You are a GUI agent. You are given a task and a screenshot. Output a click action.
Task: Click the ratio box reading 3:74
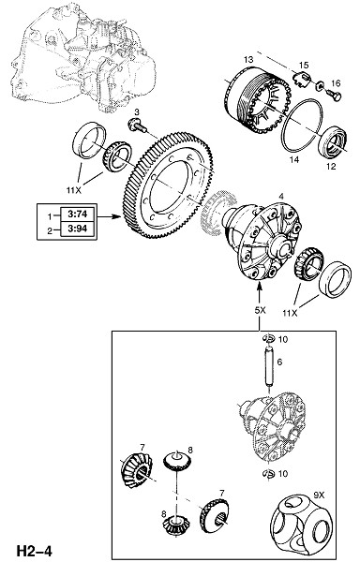[x=78, y=214]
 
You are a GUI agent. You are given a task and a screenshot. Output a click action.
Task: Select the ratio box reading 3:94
[x=78, y=229]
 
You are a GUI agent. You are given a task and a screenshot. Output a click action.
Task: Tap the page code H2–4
[x=34, y=551]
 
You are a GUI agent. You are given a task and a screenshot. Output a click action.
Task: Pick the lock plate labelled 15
[x=302, y=80]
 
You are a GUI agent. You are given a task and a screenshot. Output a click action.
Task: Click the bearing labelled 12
[x=334, y=141]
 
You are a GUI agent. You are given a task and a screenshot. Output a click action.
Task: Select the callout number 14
[x=294, y=159]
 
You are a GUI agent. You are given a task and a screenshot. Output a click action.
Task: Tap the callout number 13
[x=248, y=59]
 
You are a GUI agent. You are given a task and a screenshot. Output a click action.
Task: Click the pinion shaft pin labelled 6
[x=269, y=366]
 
